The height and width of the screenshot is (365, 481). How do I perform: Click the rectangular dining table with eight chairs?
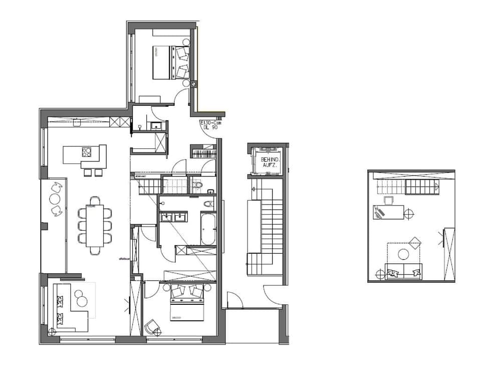tap(94, 226)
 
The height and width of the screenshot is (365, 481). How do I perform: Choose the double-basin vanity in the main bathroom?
tap(173, 217)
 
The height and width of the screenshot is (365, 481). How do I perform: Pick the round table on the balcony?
tap(55, 199)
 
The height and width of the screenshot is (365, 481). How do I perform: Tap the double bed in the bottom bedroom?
tap(187, 302)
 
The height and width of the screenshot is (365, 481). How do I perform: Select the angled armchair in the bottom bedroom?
tap(152, 327)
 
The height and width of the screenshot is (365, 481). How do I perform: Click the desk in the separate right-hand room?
tap(388, 213)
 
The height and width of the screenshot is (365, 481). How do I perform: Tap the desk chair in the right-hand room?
tap(388, 201)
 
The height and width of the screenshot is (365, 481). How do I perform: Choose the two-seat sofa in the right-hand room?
tap(403, 271)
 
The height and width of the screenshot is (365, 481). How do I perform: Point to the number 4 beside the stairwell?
tap(255, 190)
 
